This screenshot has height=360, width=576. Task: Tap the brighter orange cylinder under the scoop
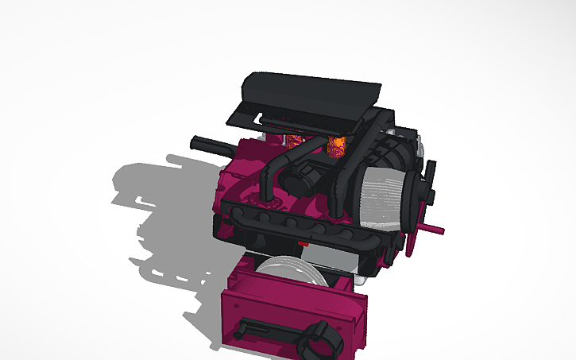click(x=336, y=145)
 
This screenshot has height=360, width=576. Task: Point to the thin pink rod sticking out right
click(x=432, y=230)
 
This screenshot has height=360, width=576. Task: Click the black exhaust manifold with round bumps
click(x=294, y=223)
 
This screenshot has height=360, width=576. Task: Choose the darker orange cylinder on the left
click(x=295, y=142)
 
